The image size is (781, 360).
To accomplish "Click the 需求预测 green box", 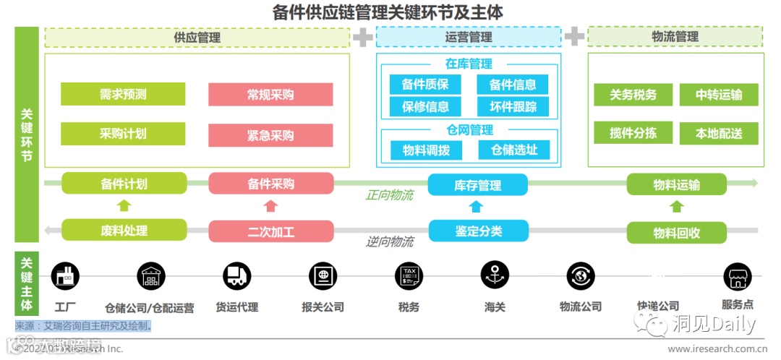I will coord(123,94).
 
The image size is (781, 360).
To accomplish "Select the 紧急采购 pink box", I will coord(270,135).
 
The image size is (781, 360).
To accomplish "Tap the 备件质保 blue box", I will coord(425,85).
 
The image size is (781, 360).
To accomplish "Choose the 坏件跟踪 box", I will coord(513,107).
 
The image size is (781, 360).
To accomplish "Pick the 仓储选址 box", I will coord(514,150).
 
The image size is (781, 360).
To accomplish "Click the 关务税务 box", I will coord(633,95).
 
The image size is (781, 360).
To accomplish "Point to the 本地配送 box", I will coord(719,134).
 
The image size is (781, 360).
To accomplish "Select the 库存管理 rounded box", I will coord(477,185).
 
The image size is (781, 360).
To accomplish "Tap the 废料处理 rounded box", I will coord(124,231).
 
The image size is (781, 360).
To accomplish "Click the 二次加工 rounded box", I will coord(270,232).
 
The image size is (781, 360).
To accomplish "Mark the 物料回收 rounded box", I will coord(676,233).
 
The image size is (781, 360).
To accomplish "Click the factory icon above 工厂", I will coord(65,275).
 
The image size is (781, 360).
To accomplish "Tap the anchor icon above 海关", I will coord(495,275).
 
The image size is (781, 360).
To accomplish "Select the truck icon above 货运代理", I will coord(236,275).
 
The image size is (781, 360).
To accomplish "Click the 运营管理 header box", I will coord(468,37).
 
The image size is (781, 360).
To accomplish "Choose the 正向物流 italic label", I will coord(389,195).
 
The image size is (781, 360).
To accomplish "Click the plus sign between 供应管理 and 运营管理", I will coord(362,36).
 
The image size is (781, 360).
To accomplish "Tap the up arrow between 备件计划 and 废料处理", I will coord(124,206).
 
